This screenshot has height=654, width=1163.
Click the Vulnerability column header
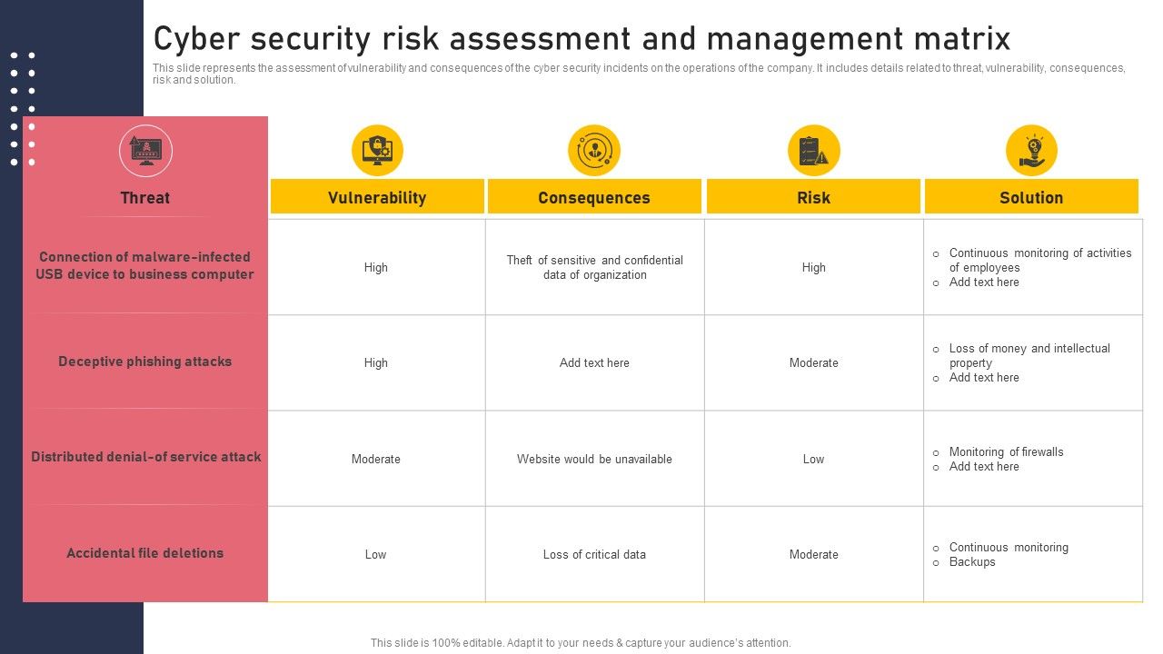click(x=376, y=197)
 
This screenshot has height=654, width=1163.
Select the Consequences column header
click(x=594, y=197)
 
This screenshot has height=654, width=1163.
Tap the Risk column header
click(x=813, y=197)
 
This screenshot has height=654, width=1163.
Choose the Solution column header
click(x=1031, y=197)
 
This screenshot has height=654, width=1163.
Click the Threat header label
click(x=145, y=197)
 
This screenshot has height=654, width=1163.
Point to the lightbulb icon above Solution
click(x=1031, y=150)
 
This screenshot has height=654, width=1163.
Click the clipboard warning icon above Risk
click(x=813, y=150)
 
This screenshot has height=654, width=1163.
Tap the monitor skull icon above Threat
click(x=145, y=150)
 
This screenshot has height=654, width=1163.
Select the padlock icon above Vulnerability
click(x=377, y=150)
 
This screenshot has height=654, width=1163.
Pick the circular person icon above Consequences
click(x=594, y=150)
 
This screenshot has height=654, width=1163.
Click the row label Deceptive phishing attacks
click(x=145, y=362)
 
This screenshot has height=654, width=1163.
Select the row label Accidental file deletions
click(x=145, y=553)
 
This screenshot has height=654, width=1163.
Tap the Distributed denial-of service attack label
click(x=145, y=457)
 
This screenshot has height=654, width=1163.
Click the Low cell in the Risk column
click(x=813, y=459)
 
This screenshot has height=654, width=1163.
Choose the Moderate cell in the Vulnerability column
click(x=376, y=459)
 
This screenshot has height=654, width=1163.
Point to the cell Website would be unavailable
click(x=594, y=459)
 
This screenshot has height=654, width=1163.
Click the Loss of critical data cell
click(x=594, y=554)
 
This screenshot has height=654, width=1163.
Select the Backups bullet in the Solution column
click(x=972, y=562)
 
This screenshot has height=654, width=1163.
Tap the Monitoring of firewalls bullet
click(x=1006, y=451)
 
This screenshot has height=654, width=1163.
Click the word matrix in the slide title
click(x=963, y=39)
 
